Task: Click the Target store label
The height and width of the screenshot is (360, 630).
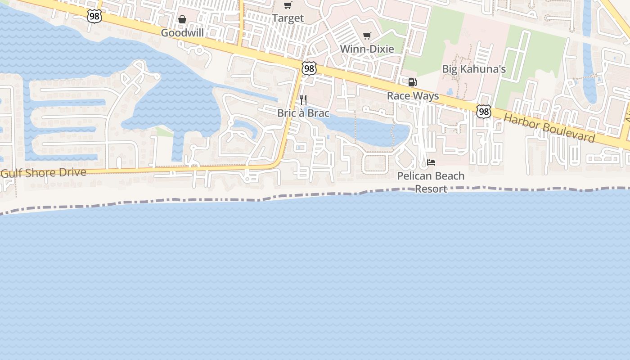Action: [x=288, y=18]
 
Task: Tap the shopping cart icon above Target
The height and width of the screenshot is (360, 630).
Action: [x=288, y=5]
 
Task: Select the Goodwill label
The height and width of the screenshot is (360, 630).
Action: [x=182, y=33]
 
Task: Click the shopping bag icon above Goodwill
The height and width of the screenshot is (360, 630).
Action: [x=182, y=20]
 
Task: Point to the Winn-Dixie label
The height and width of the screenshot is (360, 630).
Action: [x=367, y=49]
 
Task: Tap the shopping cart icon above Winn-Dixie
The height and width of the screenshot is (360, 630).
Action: [x=367, y=36]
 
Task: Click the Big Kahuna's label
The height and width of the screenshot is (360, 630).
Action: [x=474, y=69]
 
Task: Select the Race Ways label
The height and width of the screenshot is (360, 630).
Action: [x=413, y=96]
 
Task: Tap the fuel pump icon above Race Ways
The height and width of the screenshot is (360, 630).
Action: [x=412, y=82]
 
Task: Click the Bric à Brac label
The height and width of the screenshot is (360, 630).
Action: [x=303, y=113]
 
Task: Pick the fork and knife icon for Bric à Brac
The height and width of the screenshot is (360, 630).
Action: [x=303, y=100]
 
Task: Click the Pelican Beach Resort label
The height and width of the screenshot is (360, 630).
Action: [x=431, y=182]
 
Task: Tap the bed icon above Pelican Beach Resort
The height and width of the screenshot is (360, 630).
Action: [x=431, y=162]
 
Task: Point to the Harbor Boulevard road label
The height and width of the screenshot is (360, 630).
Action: [x=549, y=128]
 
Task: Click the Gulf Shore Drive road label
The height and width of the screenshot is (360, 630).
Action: [x=43, y=172]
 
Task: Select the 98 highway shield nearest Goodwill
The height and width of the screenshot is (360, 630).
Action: [x=95, y=17]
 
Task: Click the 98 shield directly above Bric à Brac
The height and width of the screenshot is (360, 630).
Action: [x=309, y=68]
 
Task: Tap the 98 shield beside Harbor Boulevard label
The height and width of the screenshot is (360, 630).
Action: [x=484, y=112]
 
